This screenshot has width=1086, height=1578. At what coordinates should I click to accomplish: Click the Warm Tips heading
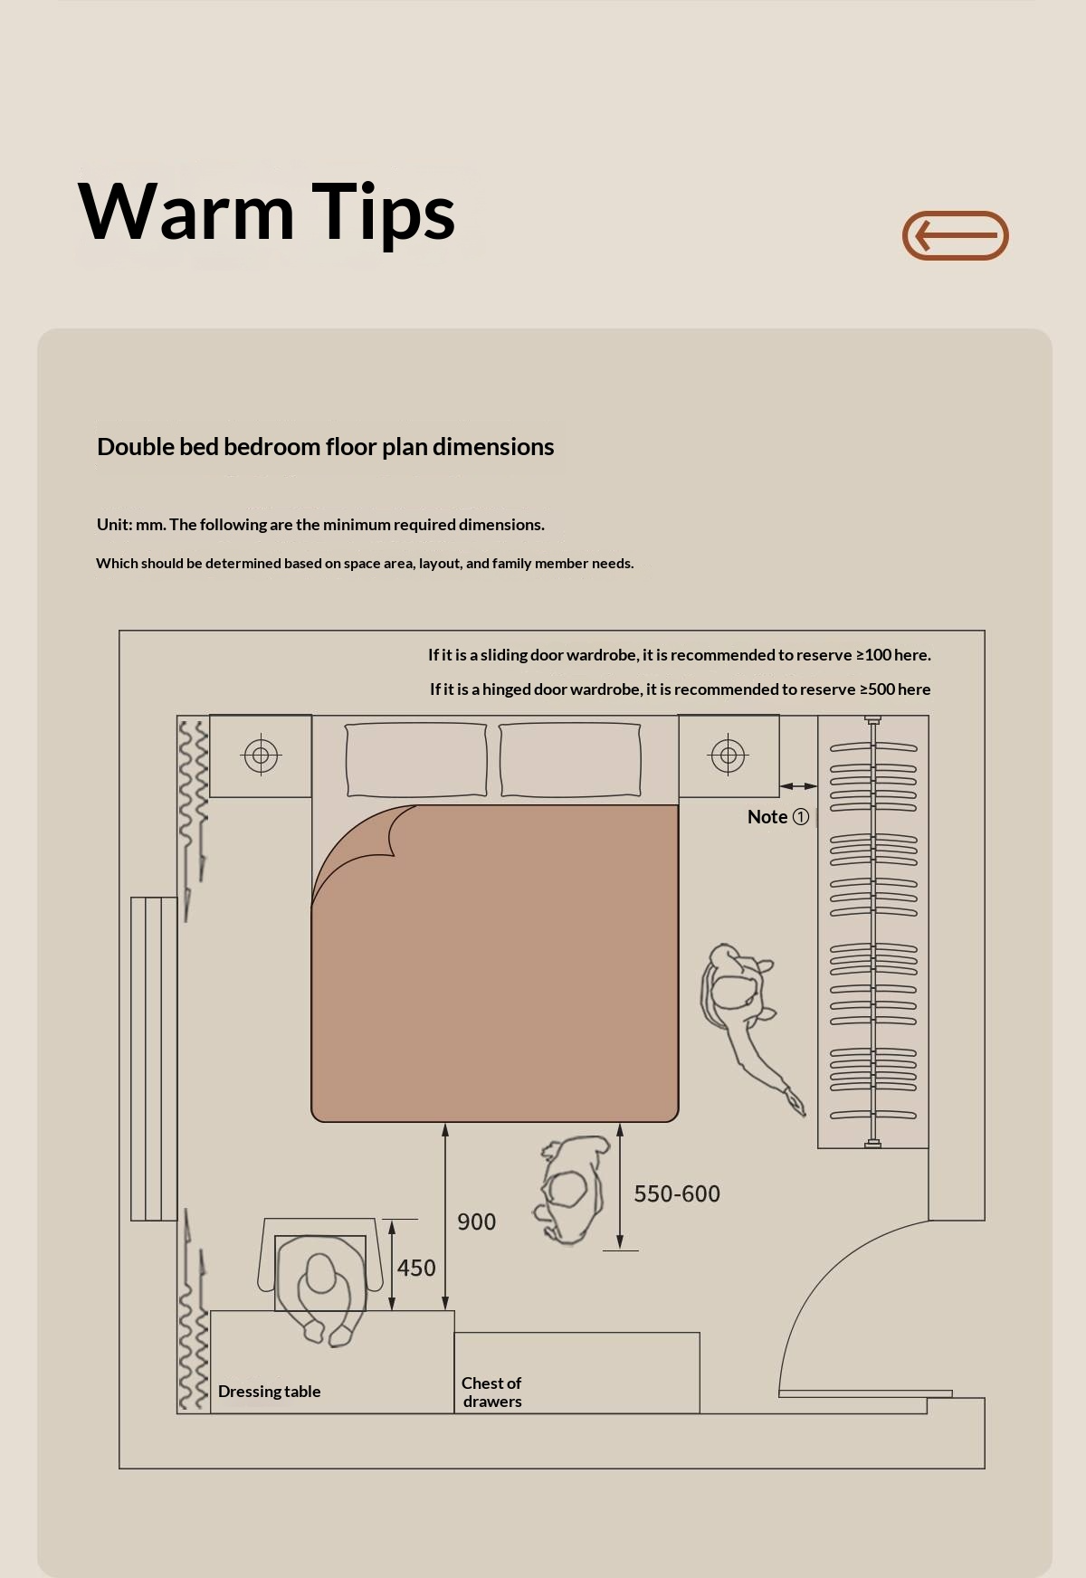pyautogui.click(x=267, y=212)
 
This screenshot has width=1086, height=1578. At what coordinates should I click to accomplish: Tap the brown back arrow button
pyautogui.click(x=955, y=235)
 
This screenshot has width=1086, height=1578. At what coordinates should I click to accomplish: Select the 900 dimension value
pyautogui.click(x=476, y=1222)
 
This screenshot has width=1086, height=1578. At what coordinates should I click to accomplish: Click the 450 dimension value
pyautogui.click(x=416, y=1269)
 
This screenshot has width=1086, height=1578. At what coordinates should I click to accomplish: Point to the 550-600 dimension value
pyautogui.click(x=677, y=1194)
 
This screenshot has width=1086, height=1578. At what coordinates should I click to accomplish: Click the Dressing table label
pyautogui.click(x=269, y=1392)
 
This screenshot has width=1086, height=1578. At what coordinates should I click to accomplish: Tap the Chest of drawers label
pyautogui.click(x=491, y=1393)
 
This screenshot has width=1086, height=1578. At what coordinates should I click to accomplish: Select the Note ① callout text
pyautogui.click(x=778, y=817)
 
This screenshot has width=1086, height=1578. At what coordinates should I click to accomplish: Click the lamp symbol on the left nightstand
pyautogui.click(x=262, y=755)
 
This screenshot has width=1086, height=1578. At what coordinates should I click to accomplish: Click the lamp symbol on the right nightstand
pyautogui.click(x=729, y=756)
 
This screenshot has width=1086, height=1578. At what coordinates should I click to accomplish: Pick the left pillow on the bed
pyautogui.click(x=416, y=759)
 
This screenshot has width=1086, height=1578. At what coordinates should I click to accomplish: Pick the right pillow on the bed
pyautogui.click(x=570, y=759)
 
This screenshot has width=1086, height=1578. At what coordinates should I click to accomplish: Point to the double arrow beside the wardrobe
pyautogui.click(x=798, y=786)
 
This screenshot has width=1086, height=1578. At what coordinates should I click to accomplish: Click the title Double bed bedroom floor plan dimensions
pyautogui.click(x=326, y=447)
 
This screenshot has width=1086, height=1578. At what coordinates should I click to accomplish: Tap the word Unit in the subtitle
pyautogui.click(x=113, y=525)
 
